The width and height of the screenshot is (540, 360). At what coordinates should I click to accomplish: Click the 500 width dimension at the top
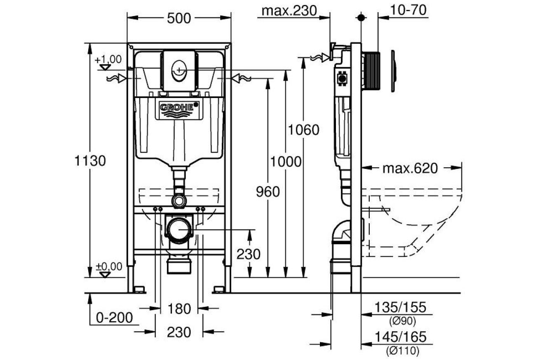179,18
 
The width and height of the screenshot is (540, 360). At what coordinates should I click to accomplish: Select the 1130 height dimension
90,161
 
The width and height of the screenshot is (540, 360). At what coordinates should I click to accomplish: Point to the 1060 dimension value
304,130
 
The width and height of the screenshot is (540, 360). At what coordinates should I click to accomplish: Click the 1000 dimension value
286,161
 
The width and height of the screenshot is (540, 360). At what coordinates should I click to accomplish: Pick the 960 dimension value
268,192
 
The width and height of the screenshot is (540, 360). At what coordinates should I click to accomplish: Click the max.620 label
410,168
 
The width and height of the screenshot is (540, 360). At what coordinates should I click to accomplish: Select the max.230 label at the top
289,11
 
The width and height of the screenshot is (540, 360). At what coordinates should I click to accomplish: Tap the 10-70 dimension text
408,10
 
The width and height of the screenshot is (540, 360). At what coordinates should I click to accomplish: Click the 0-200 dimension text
115,318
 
